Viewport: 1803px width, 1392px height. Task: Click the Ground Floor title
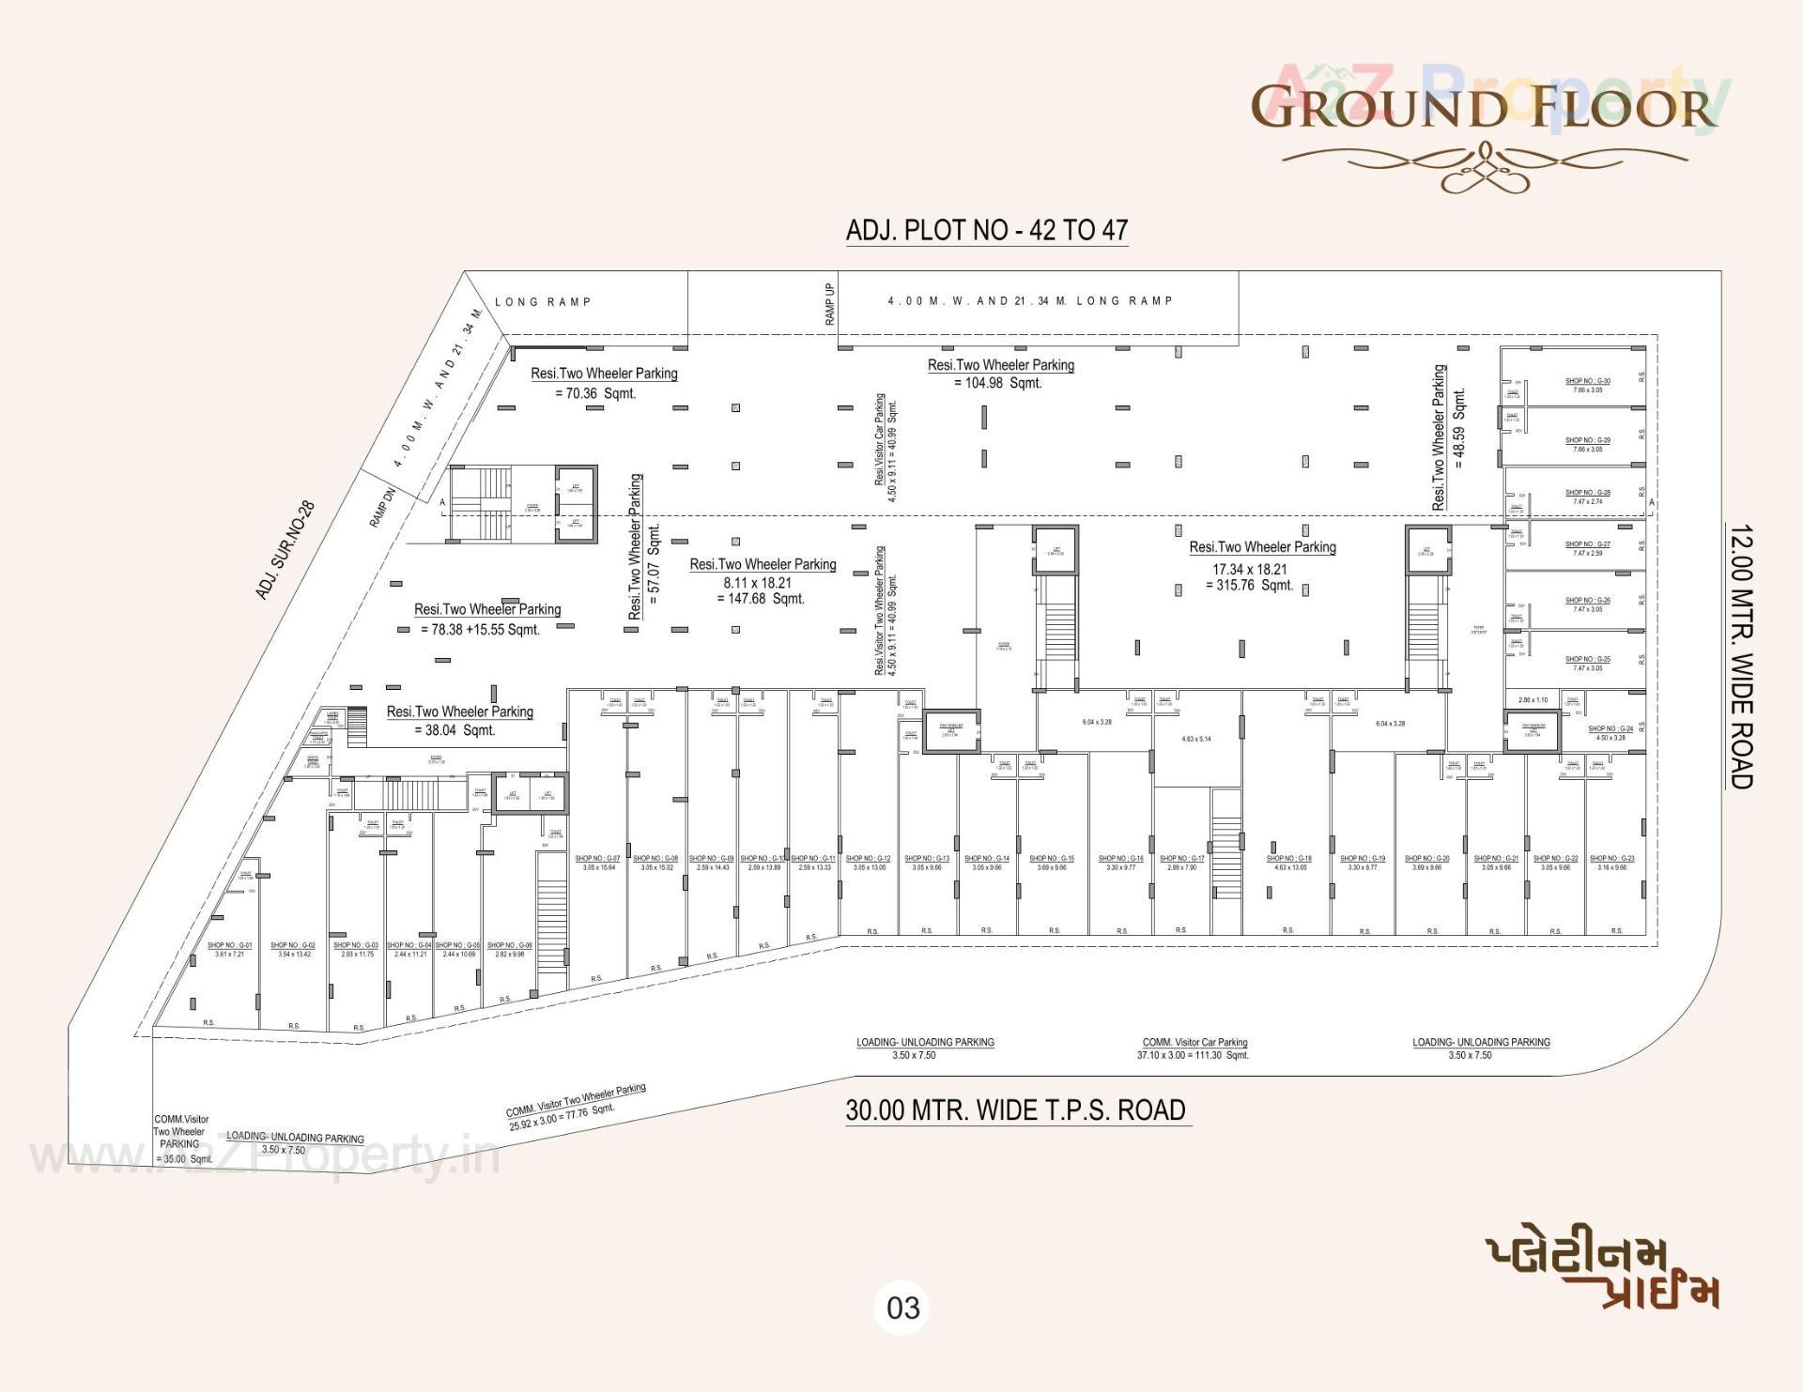(1484, 106)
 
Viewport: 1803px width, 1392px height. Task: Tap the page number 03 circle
(902, 1308)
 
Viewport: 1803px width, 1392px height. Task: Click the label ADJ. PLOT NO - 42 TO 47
(986, 230)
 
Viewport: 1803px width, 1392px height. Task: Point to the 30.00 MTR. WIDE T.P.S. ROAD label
(1016, 1109)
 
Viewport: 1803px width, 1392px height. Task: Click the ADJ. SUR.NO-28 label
(285, 550)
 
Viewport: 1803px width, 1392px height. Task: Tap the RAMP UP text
(830, 304)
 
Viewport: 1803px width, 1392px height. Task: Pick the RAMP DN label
(382, 507)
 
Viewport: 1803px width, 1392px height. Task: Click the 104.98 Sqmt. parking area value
(997, 383)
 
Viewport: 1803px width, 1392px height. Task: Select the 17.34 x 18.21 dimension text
(1249, 569)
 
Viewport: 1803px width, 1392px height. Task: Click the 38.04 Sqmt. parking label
(454, 730)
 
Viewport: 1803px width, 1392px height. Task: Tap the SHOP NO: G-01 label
(229, 945)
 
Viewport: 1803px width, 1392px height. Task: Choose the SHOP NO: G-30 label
(1587, 381)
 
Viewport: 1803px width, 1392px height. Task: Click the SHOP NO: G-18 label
(1288, 858)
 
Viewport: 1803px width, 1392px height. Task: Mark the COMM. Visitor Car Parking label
(1194, 1042)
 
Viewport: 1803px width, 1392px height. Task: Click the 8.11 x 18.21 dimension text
(757, 582)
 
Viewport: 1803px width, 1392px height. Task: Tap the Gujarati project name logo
(1602, 1273)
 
